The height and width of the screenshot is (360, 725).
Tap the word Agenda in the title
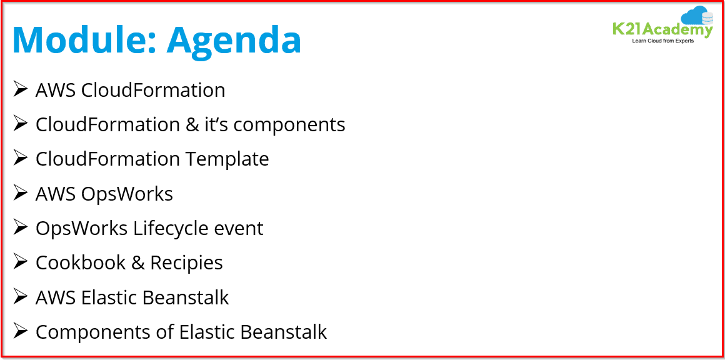point(234,40)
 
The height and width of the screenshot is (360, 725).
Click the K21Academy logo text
point(662,29)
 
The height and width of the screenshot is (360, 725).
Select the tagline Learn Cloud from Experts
point(662,41)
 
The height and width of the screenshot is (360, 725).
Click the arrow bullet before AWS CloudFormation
point(21,89)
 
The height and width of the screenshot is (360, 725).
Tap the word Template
point(227,159)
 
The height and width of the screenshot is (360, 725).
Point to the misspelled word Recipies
point(186,262)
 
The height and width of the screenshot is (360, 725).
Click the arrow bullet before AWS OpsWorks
point(21,193)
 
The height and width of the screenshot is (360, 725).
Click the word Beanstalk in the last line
point(283,332)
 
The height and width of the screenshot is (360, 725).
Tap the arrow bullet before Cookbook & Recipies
point(21,262)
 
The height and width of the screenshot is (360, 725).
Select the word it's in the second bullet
point(216,124)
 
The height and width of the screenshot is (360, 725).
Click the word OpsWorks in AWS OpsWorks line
point(127,194)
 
